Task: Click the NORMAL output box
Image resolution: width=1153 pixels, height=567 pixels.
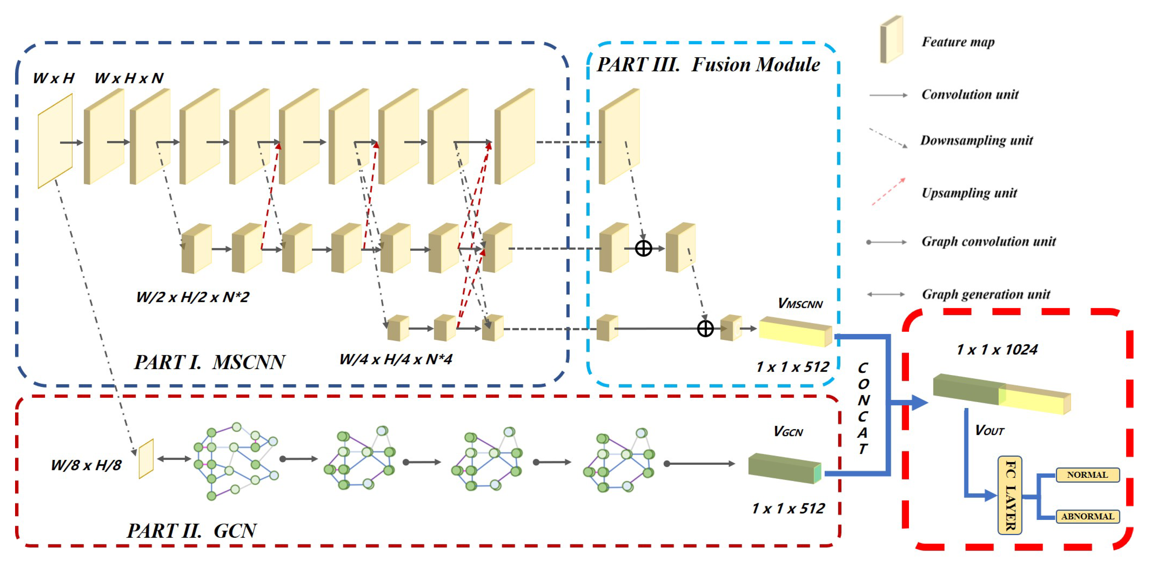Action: (1087, 475)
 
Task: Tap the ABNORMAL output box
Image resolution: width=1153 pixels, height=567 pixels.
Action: (1087, 516)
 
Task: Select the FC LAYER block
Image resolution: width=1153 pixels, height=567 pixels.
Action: (1010, 495)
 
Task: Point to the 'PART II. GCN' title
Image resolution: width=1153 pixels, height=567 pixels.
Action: (192, 531)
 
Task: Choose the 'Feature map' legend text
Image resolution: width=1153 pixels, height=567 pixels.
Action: (958, 42)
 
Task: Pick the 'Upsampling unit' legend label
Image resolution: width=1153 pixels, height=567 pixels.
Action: (969, 193)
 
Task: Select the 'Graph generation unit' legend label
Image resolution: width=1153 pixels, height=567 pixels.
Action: (986, 294)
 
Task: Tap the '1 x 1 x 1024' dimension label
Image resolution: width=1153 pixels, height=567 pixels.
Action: (997, 350)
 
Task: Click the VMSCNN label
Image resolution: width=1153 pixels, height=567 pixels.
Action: (800, 304)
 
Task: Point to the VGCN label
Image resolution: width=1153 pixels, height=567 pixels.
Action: (788, 431)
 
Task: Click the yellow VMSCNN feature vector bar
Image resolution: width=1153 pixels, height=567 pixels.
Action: (795, 332)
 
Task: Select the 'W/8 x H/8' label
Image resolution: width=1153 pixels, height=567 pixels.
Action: (86, 466)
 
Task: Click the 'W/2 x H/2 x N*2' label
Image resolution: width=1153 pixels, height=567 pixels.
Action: (193, 297)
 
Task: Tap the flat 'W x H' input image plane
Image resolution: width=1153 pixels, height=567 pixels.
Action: (55, 141)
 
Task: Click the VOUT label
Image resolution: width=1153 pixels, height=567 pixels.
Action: (990, 430)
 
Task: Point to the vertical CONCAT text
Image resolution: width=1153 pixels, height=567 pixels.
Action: (863, 408)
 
